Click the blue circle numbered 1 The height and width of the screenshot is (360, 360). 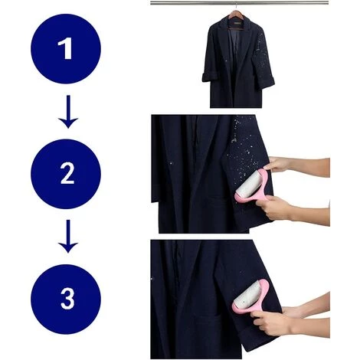coord(66,49)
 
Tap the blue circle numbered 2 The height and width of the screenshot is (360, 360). coord(66,174)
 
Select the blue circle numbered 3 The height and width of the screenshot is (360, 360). coord(66,299)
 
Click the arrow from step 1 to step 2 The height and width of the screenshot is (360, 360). coord(68,112)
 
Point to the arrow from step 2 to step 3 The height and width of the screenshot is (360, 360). coord(68,236)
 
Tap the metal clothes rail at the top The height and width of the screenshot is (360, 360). coord(239,3)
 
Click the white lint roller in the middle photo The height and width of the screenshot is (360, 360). coord(248,188)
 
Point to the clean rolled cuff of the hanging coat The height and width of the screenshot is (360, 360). coord(208,77)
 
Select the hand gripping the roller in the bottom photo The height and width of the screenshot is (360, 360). coord(270,321)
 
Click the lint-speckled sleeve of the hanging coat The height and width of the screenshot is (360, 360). coord(263,56)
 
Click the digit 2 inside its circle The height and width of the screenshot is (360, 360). coord(67,174)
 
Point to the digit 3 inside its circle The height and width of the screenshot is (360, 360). coord(67,299)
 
